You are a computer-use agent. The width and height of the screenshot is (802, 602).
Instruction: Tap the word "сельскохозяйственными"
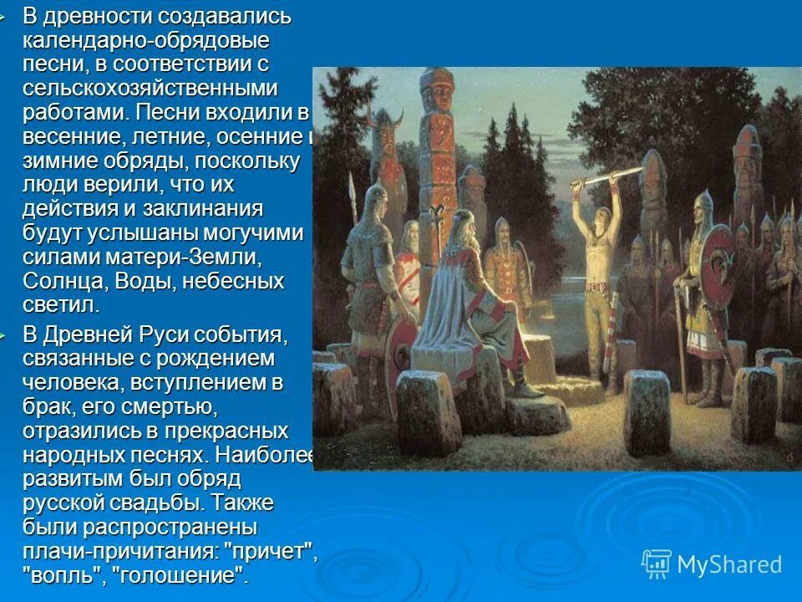tap(162, 89)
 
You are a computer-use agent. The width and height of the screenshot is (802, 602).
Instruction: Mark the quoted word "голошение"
tap(180, 577)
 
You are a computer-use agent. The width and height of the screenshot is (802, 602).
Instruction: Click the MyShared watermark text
tap(729, 565)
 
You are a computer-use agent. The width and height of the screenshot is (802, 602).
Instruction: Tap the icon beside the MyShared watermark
tap(657, 564)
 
